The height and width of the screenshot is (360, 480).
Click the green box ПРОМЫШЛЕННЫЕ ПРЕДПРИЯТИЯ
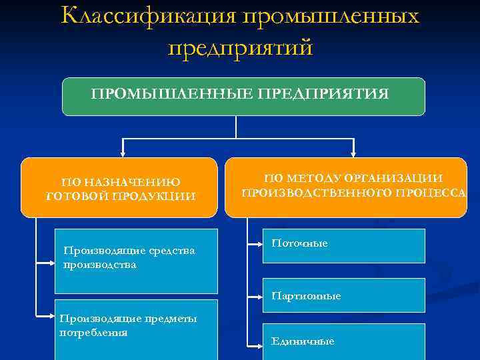point(243,96)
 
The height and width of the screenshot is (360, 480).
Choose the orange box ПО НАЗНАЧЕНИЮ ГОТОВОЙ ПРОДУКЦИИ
point(119,187)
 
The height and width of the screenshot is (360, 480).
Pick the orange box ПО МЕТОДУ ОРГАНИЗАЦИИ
point(345,187)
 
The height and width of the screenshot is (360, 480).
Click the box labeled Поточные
point(344,245)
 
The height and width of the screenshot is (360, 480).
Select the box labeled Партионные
point(344,295)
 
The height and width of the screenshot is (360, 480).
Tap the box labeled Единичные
point(344,341)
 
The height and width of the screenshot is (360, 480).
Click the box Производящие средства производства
point(136,261)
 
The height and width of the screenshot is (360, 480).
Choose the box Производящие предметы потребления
point(136,331)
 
